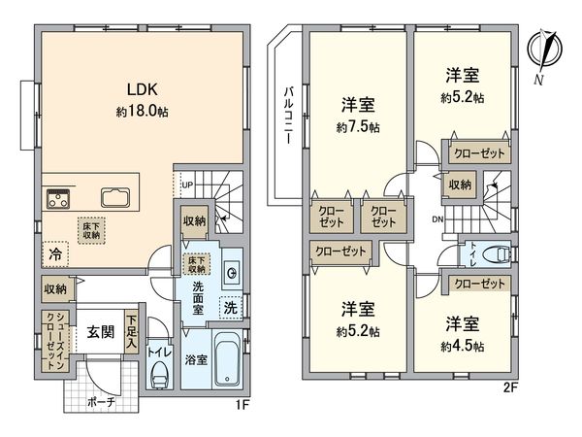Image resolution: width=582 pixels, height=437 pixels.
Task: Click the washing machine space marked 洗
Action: click(x=231, y=307)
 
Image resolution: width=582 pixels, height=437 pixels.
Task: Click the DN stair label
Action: click(x=437, y=220)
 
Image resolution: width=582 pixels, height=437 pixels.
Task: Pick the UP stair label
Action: click(x=188, y=184)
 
